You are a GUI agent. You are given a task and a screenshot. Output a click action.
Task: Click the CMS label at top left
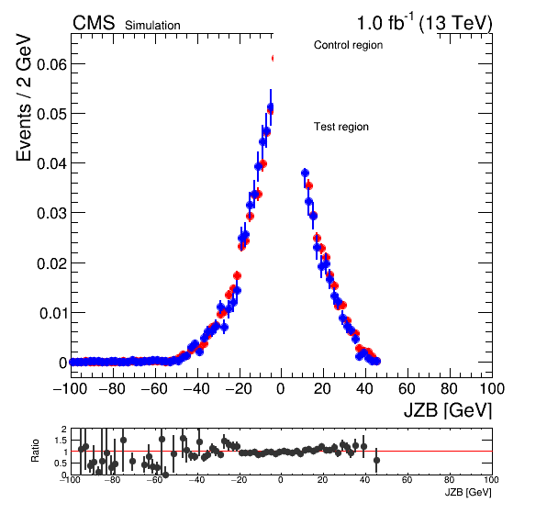click(94, 23)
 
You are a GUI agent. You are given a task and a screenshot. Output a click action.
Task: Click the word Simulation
click(152, 26)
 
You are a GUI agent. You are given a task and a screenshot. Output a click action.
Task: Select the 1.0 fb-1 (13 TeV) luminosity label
click(424, 23)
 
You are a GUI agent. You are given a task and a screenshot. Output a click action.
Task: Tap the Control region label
click(348, 45)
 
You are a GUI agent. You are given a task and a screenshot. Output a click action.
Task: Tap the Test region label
click(341, 127)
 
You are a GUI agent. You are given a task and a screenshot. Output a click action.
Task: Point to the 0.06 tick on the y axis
click(51, 64)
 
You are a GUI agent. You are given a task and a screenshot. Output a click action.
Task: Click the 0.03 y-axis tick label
click(51, 213)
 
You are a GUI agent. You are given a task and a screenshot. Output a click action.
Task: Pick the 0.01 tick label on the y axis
click(52, 313)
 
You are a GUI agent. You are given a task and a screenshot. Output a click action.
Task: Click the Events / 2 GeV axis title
click(23, 97)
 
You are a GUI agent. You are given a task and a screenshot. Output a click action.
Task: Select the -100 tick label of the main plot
click(70, 388)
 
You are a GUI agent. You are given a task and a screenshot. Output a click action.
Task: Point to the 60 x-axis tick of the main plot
click(407, 388)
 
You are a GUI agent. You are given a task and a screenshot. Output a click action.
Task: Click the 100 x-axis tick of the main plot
click(492, 388)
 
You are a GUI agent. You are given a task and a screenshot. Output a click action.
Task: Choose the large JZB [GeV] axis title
click(448, 410)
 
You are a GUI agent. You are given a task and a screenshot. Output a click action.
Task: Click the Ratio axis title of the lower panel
click(35, 451)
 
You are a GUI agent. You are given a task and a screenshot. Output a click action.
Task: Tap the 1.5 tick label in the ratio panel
click(61, 441)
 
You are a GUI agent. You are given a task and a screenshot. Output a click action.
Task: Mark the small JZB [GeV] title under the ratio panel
click(468, 492)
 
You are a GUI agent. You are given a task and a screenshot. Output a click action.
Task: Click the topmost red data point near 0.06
click(274, 58)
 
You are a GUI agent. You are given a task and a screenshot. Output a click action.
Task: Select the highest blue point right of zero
click(305, 173)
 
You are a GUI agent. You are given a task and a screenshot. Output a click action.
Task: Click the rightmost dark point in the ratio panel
click(376, 460)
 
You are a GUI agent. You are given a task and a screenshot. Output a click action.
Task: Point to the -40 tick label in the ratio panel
click(196, 480)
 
